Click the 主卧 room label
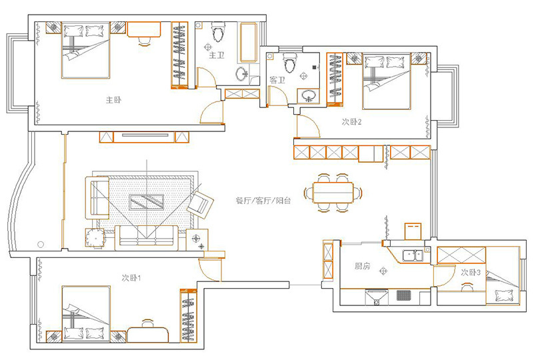click(113, 100)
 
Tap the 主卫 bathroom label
click(217, 55)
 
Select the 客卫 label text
click(277, 80)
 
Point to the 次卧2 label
click(351, 121)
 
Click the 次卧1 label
click(131, 277)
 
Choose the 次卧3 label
click(471, 273)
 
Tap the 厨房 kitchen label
click(362, 266)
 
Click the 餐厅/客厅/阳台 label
click(263, 201)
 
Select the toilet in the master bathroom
click(217, 31)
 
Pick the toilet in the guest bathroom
click(289, 62)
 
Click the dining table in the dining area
click(333, 193)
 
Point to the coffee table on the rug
click(147, 202)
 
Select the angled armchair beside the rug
click(200, 205)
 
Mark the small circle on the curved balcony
click(41, 245)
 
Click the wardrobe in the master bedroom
click(180, 55)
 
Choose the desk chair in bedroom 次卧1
click(147, 323)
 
